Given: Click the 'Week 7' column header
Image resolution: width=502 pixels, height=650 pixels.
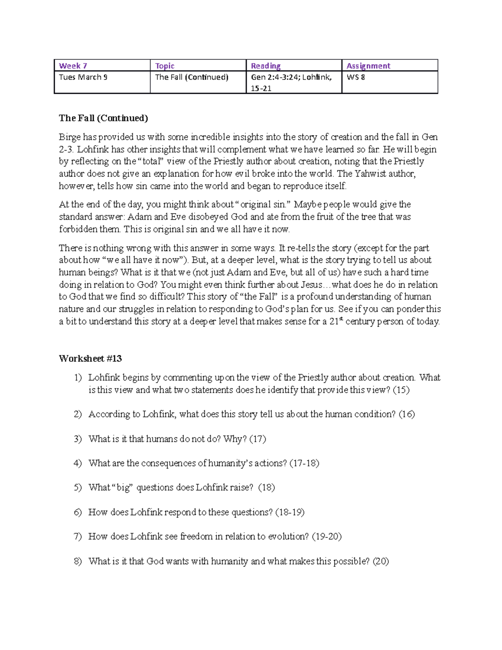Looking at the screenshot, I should [73, 66].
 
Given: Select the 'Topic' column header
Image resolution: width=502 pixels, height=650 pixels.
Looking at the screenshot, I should [164, 66].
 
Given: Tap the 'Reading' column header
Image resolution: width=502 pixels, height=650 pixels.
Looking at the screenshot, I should [265, 66].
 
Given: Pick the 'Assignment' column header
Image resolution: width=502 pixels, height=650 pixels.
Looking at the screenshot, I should [368, 66].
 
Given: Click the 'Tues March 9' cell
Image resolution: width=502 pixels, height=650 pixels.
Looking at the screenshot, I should [83, 77].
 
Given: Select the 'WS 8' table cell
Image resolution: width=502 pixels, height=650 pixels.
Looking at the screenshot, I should [356, 77].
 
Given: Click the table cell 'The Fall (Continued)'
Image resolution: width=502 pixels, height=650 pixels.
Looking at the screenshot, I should [192, 77].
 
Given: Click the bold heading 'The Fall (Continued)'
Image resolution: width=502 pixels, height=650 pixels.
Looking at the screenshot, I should [103, 118].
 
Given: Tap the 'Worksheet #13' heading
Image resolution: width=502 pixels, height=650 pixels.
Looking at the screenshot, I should [90, 358].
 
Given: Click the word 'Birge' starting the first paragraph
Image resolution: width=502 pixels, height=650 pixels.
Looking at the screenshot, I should [69, 137].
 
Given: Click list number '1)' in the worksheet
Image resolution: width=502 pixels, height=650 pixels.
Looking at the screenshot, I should [78, 378].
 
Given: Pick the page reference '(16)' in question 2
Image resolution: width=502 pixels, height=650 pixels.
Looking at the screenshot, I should [406, 414].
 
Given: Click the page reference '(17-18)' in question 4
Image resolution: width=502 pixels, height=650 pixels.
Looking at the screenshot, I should [304, 463].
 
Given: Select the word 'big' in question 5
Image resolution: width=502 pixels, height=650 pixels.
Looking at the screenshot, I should [123, 488].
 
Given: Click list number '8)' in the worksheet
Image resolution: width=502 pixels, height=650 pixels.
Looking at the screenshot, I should [78, 561].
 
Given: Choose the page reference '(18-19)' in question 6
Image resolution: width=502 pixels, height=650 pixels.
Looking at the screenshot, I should [289, 512].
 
